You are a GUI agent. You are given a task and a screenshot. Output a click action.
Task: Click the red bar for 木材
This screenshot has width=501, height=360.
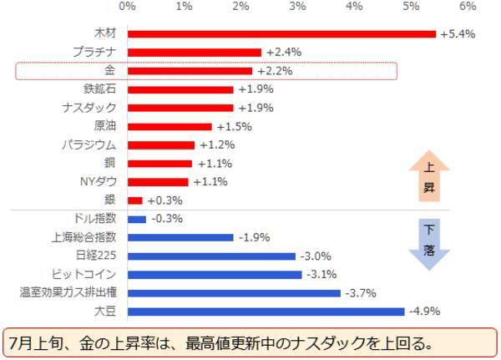(x=281, y=33)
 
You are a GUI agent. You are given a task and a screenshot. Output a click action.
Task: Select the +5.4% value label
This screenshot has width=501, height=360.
(x=457, y=33)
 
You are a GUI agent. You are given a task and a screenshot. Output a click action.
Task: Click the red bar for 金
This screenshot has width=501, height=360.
(x=190, y=71)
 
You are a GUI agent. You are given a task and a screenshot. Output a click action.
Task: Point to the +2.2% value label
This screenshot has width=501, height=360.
(x=274, y=71)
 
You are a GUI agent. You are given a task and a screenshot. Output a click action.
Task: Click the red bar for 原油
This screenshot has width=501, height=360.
(x=170, y=126)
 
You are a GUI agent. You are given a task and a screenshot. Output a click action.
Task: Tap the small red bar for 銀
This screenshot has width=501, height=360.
(x=135, y=200)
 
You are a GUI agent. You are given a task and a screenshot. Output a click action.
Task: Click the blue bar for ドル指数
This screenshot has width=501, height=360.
(x=137, y=219)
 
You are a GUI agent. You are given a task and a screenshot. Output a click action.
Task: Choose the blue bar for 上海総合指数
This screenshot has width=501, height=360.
(x=180, y=237)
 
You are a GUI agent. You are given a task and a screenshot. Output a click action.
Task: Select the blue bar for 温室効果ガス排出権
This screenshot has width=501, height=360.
(x=234, y=293)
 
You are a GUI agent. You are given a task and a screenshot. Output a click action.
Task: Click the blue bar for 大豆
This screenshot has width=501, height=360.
(x=266, y=312)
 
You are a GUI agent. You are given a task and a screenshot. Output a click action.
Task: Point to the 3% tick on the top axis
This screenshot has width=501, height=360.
(x=297, y=7)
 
